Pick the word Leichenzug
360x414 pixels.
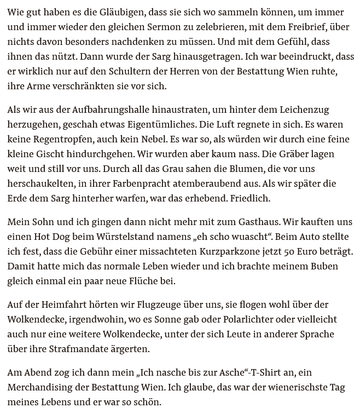[304, 110]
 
